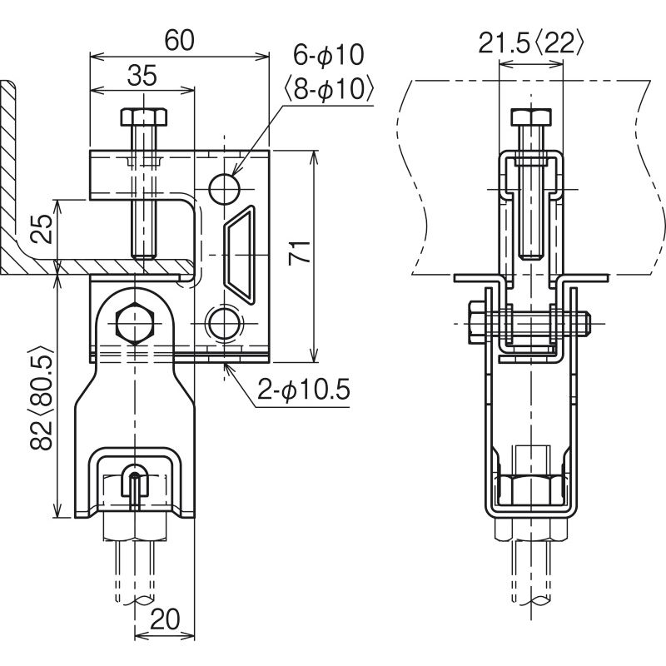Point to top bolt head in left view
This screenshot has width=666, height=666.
coord(138,117)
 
